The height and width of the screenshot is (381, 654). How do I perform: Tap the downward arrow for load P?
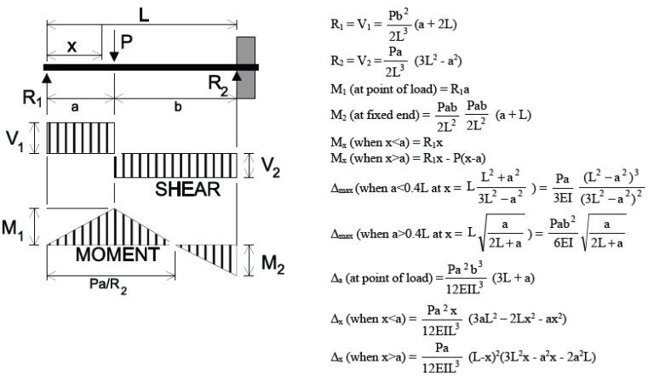[114, 47]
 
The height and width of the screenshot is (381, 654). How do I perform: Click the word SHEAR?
[187, 188]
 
